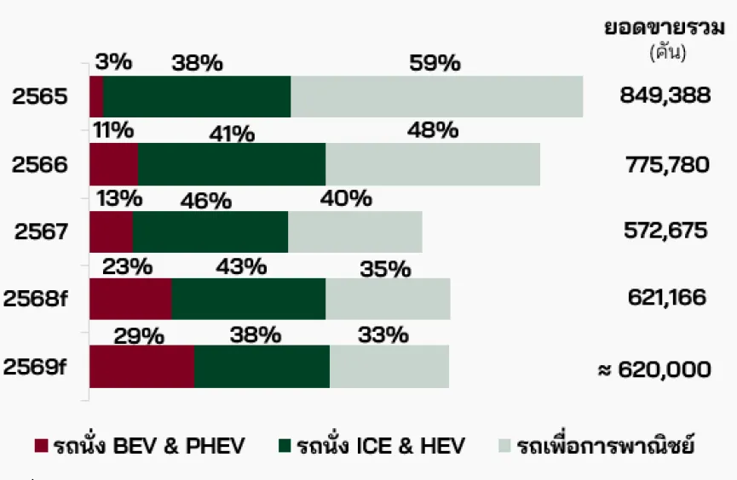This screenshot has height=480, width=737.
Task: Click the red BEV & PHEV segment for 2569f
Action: pos(141,366)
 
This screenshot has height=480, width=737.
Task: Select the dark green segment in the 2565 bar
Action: pos(197,96)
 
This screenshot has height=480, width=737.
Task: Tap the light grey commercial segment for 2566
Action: pos(433,163)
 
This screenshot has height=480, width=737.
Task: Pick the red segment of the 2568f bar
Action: pos(130,299)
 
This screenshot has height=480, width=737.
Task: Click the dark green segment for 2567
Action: pos(210,231)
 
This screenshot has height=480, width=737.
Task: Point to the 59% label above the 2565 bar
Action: pos(435,63)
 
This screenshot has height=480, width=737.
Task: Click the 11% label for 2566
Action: pos(114,130)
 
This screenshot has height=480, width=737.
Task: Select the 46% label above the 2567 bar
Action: pos(205,201)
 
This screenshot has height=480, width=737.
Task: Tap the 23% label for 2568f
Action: pos(127,266)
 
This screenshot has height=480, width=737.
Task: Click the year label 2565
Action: pos(40,96)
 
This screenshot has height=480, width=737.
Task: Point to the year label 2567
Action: pos(40,231)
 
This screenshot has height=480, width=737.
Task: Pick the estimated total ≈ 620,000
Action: pos(654,369)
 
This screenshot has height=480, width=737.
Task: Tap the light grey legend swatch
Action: pos(505,445)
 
